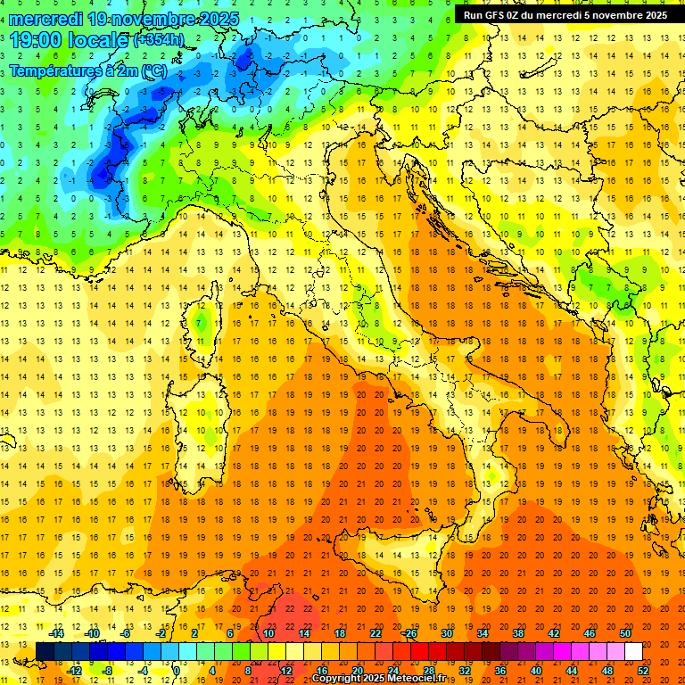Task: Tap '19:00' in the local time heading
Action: [x=38, y=39]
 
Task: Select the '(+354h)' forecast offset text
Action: [x=159, y=40]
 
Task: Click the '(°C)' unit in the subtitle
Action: [x=153, y=70]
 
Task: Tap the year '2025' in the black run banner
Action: [x=650, y=15]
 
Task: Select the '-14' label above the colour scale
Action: [x=56, y=633]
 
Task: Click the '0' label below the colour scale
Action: [x=177, y=671]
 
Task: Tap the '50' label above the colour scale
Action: [x=625, y=633]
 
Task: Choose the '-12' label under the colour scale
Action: [x=75, y=671]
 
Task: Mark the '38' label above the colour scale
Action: [x=517, y=633]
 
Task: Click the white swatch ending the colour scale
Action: [x=633, y=652]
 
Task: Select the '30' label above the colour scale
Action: [x=446, y=633]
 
